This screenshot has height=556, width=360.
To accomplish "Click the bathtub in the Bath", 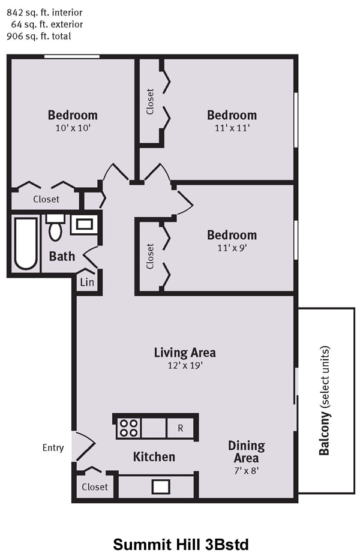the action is point(26,244).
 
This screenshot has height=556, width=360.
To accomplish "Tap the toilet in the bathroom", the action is point(55,227).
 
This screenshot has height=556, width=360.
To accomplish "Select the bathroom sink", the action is point(85,224).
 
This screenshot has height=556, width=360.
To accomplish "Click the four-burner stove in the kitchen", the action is point(128,428).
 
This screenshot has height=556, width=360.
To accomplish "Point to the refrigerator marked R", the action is point(180,428).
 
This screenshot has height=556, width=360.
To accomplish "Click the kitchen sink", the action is point(161,486).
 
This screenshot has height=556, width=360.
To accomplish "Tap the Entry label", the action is point(53,448).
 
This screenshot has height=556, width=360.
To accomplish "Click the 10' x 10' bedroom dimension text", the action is point(73,128).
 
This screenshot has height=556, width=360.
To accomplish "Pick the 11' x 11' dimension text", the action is point(232,128).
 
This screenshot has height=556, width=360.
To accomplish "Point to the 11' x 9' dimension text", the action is point(232,248).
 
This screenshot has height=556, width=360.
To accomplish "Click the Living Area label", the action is point(185,353).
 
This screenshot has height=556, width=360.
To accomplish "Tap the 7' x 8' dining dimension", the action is point(247,471).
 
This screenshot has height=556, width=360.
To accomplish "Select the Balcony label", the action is point(324,400).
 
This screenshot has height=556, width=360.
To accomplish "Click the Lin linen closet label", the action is point(87,282).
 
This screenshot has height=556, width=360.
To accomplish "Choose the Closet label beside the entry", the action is point(95,487).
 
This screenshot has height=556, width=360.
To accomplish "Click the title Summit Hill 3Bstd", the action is point(181,544).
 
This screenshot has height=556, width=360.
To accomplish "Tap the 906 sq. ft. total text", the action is point(38,36).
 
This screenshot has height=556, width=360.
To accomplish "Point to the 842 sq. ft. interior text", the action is point(44,13).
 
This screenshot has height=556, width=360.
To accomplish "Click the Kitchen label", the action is point(154,456).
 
